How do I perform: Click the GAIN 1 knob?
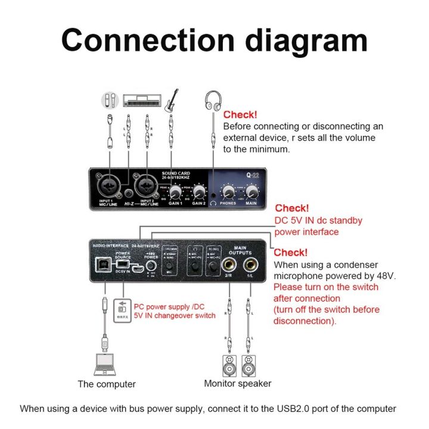click(x=175, y=192)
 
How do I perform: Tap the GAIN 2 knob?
click(x=198, y=192)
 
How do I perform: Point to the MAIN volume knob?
click(x=252, y=191)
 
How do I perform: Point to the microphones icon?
click(x=110, y=100)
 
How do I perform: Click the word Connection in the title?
click(x=143, y=40)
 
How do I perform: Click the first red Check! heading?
click(x=240, y=114)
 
